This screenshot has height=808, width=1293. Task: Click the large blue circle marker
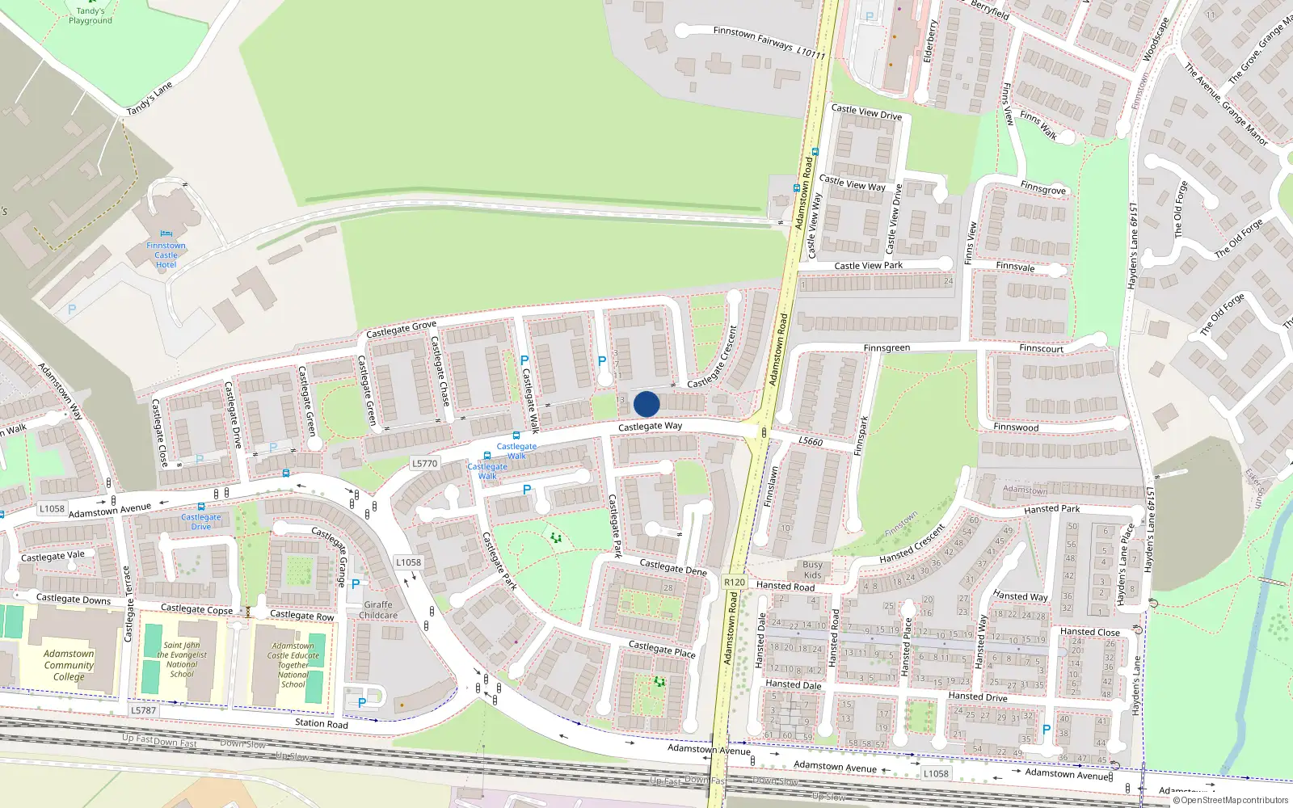point(646,404)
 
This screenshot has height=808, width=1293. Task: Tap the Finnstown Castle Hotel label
point(166,255)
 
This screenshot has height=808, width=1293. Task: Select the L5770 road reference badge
point(424,464)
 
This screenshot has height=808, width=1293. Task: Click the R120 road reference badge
point(735,582)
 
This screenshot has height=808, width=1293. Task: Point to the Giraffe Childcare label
point(378,610)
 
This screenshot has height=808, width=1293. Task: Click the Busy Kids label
point(812,570)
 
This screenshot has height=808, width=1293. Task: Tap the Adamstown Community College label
point(69,665)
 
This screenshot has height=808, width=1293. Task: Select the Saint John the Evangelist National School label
point(182,659)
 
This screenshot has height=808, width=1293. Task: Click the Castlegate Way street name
point(650,426)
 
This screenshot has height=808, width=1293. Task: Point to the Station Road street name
point(321,723)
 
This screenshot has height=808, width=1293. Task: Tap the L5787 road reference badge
point(143,710)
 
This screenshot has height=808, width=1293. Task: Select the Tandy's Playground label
point(90,15)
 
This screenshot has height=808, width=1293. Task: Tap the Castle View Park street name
point(868,265)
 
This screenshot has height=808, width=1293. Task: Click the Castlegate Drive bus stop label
point(201,521)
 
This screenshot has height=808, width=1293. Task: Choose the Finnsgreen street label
point(887,348)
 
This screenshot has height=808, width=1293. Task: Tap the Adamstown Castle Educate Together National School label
point(293,665)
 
